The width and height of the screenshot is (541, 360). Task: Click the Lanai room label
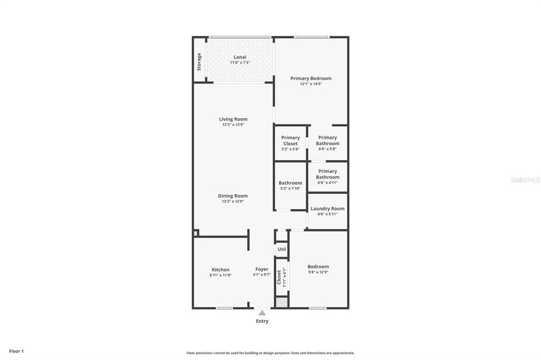[x=240, y=57]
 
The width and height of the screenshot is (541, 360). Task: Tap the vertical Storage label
[x=199, y=62]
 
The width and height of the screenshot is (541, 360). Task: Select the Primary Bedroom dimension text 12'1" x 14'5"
[x=311, y=84]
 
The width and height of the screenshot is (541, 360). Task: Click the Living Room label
[x=233, y=119]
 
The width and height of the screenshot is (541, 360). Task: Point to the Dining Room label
[x=232, y=196]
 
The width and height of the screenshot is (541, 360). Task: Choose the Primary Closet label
[x=291, y=140]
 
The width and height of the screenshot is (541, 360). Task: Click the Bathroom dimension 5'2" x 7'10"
[x=291, y=188]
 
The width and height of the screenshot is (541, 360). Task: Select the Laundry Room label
[x=328, y=209]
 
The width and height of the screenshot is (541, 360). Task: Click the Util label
[x=282, y=249]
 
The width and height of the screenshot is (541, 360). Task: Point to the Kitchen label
[x=220, y=270]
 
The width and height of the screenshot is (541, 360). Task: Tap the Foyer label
[x=262, y=269]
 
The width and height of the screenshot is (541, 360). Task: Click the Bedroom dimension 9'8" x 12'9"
[x=318, y=272]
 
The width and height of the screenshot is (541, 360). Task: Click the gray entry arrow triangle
[x=262, y=313]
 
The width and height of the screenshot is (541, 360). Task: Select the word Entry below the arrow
[x=262, y=321]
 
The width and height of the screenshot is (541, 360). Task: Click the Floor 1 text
[x=16, y=352]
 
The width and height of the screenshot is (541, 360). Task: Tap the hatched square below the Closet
[x=282, y=302]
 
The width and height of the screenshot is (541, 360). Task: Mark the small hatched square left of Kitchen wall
[x=195, y=233]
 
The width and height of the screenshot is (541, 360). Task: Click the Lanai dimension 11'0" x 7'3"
[x=240, y=63]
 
